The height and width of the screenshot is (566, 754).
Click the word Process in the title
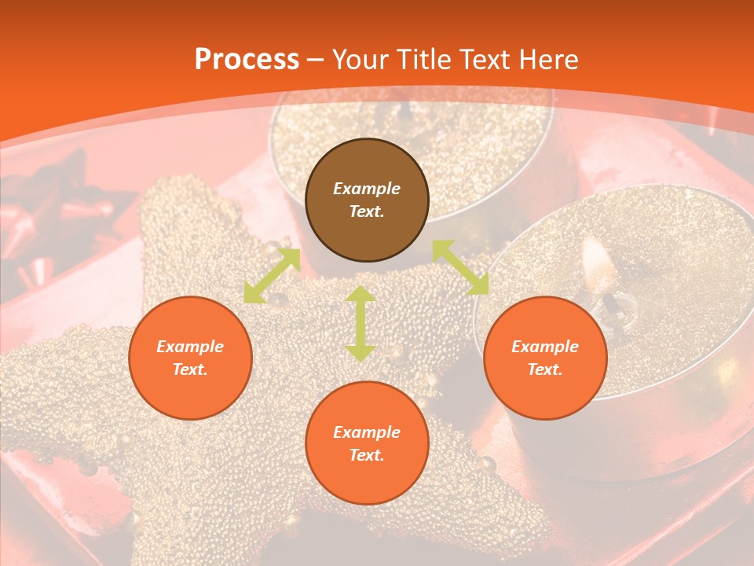[x=247, y=60]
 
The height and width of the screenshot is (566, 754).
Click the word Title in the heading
[x=422, y=60]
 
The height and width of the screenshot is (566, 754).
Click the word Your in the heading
[x=361, y=60]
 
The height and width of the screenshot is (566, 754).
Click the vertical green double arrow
[x=361, y=323]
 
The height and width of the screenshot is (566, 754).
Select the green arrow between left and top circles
[x=272, y=276]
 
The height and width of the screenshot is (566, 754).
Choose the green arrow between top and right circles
[x=460, y=267]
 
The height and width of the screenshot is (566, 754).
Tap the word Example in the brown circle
[x=367, y=189]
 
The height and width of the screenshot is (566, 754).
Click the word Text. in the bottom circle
[x=367, y=455]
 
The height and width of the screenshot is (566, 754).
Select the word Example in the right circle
[x=545, y=347]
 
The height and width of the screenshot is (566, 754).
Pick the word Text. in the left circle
[x=190, y=369]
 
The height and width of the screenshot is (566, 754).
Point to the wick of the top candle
[x=404, y=112]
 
